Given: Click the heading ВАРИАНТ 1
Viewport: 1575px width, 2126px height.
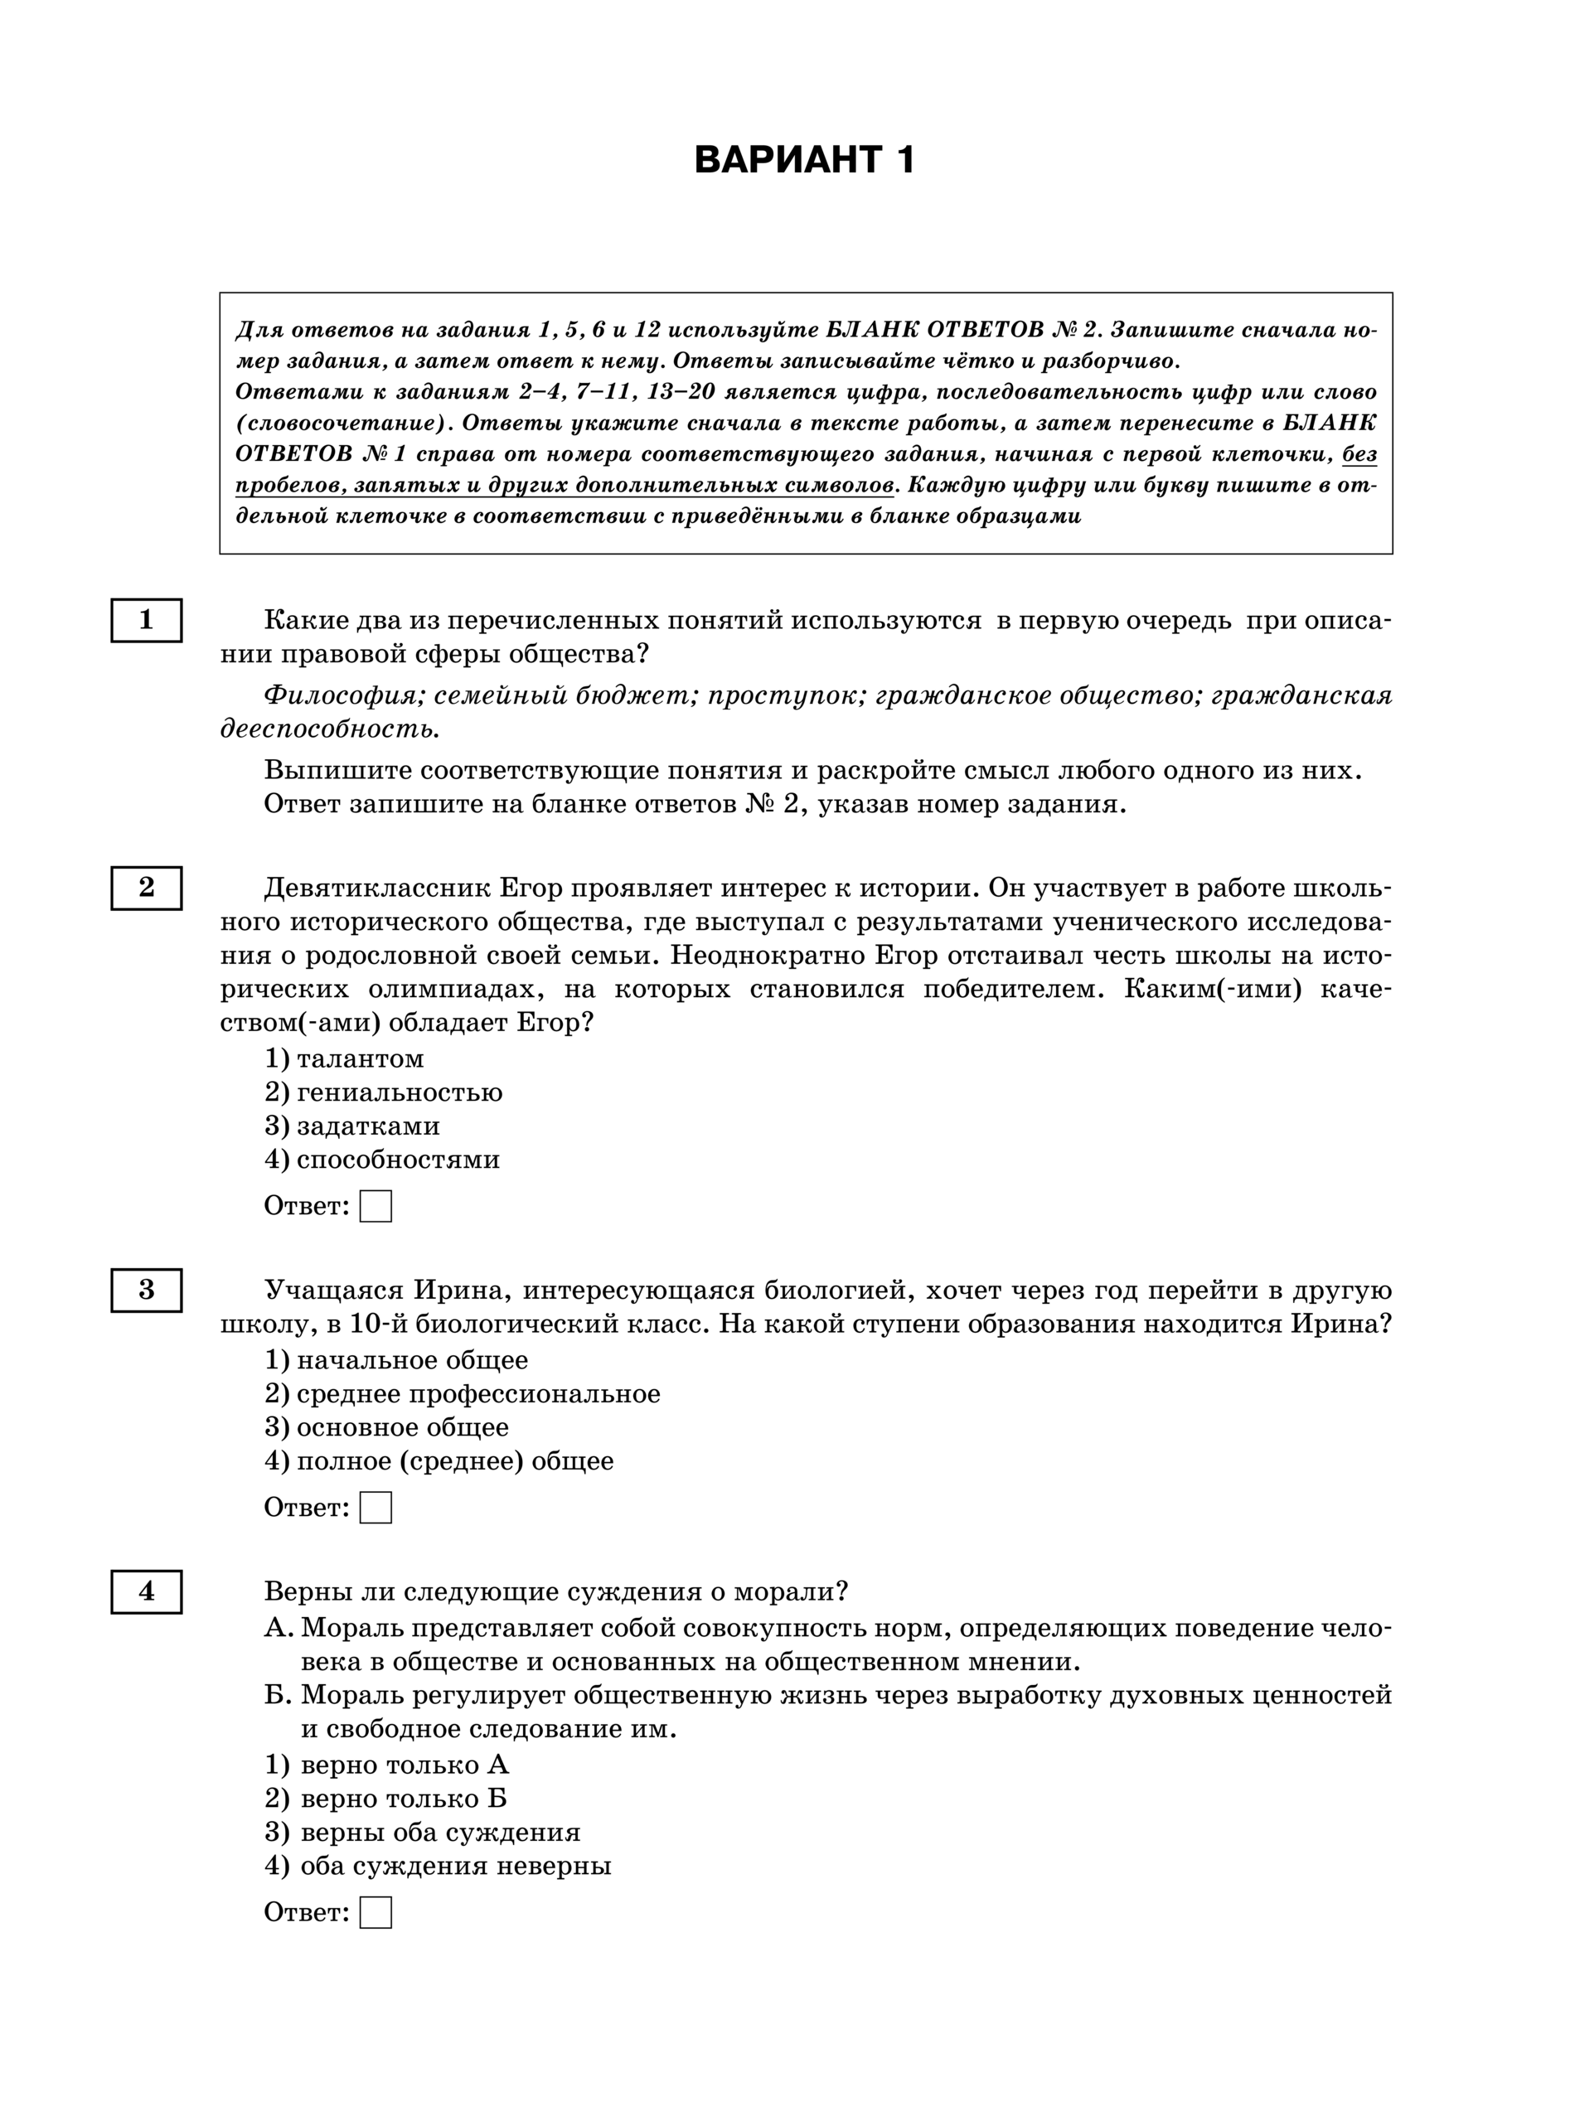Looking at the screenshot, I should click(805, 159).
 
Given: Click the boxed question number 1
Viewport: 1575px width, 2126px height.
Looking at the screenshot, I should click(146, 621).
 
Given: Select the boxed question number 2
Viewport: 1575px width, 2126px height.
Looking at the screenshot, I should click(146, 888).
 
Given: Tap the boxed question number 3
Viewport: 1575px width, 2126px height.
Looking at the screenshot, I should click(146, 1290).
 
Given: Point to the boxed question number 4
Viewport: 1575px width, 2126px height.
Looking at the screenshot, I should click(146, 1591).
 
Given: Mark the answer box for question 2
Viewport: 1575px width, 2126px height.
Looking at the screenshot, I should click(376, 1206).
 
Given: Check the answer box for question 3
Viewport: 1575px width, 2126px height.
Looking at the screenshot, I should click(376, 1508).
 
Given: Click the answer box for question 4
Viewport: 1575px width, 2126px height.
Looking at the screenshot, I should click(376, 1912).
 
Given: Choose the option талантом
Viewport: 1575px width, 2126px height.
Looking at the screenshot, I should click(360, 1058).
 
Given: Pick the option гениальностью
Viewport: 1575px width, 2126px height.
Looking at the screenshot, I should click(399, 1092).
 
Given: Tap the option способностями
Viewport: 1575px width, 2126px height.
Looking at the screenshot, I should click(398, 1160).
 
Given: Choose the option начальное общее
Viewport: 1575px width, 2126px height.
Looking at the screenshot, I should click(412, 1360).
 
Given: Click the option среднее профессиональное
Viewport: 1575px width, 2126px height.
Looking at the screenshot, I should click(477, 1394).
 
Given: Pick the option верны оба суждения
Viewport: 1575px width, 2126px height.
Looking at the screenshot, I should click(439, 1833).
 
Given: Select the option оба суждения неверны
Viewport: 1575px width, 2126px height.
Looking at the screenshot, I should click(455, 1866).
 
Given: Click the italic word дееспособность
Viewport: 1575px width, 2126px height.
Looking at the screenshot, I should click(330, 729).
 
